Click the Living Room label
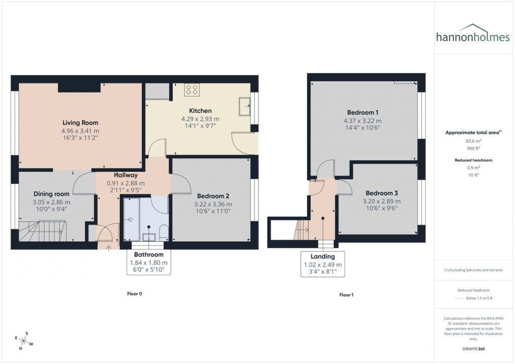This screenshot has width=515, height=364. pos(80,123)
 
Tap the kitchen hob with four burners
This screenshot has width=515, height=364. pos(192,90)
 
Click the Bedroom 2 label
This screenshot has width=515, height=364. pos(213,196)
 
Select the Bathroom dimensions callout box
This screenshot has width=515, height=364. pos(149,262)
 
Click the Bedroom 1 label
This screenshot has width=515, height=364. pos(362,113)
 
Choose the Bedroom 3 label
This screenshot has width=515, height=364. pos(382,193)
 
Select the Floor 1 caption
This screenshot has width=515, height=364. pos(346,295)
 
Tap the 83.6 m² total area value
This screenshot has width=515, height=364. pos(473,142)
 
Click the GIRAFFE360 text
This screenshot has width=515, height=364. pos(473,348)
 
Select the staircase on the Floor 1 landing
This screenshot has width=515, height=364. pos(300,230)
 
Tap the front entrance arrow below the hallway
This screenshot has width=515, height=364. pos(109,248)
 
